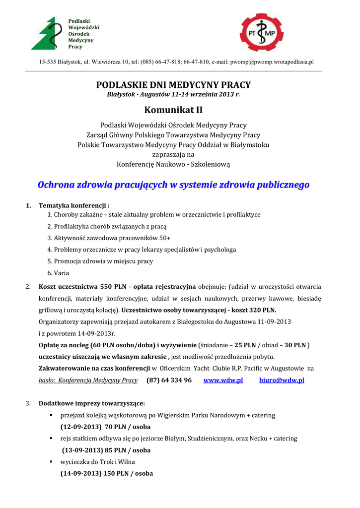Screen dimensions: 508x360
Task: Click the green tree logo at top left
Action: coord(48,33)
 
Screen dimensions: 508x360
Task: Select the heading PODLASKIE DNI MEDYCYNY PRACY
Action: coord(173,85)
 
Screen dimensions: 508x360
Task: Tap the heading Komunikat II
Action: coord(173,110)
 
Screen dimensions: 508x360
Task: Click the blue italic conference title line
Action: coord(173,185)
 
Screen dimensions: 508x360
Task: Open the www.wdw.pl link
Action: coord(223,380)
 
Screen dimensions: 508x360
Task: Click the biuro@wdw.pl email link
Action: coord(282,380)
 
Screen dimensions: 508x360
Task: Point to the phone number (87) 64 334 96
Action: coord(169,380)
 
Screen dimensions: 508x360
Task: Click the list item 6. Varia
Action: coord(58,273)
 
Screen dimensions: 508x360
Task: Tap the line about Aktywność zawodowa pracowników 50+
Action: coord(109,238)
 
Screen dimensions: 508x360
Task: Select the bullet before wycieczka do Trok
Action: coord(51,462)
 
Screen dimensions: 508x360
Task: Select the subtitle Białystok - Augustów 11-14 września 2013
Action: coord(173,94)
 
